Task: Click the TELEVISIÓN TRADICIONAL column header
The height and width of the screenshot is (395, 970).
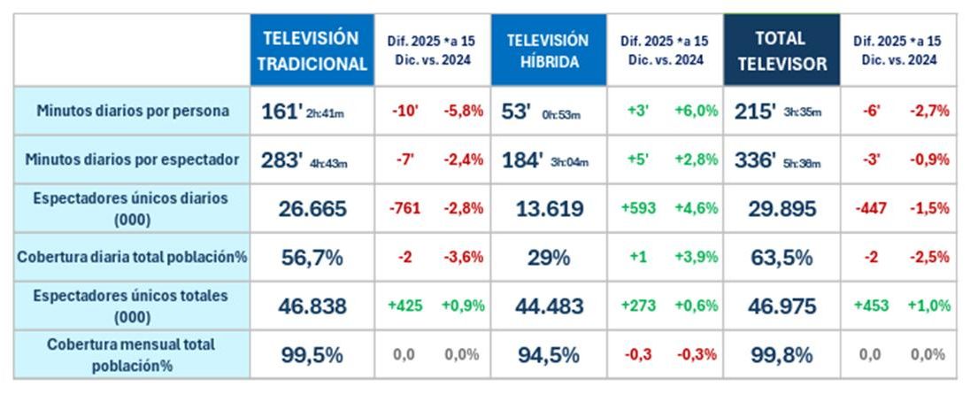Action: point(312,50)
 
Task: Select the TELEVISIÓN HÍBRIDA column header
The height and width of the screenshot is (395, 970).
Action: point(548,50)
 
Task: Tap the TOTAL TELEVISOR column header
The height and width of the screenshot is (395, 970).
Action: point(781,50)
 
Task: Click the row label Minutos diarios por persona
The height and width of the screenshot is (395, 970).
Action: point(132,112)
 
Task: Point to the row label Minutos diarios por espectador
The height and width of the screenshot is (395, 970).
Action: point(132,160)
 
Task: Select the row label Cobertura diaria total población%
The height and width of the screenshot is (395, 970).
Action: point(132,257)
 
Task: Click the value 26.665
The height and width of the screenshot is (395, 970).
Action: point(312,209)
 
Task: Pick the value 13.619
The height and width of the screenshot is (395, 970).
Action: point(548,209)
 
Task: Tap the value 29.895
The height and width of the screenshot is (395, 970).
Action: point(781,209)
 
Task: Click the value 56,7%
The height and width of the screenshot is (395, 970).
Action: point(312,257)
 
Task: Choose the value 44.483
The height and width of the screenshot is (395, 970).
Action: point(548,306)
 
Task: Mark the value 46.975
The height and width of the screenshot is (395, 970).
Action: point(781,306)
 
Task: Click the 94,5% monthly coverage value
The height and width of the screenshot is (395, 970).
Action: point(548,354)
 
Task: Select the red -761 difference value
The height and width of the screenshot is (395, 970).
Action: point(405,209)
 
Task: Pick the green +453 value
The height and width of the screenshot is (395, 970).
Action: point(872,306)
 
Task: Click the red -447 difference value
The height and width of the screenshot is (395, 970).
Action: point(872,209)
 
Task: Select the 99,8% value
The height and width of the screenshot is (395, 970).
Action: point(781,354)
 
